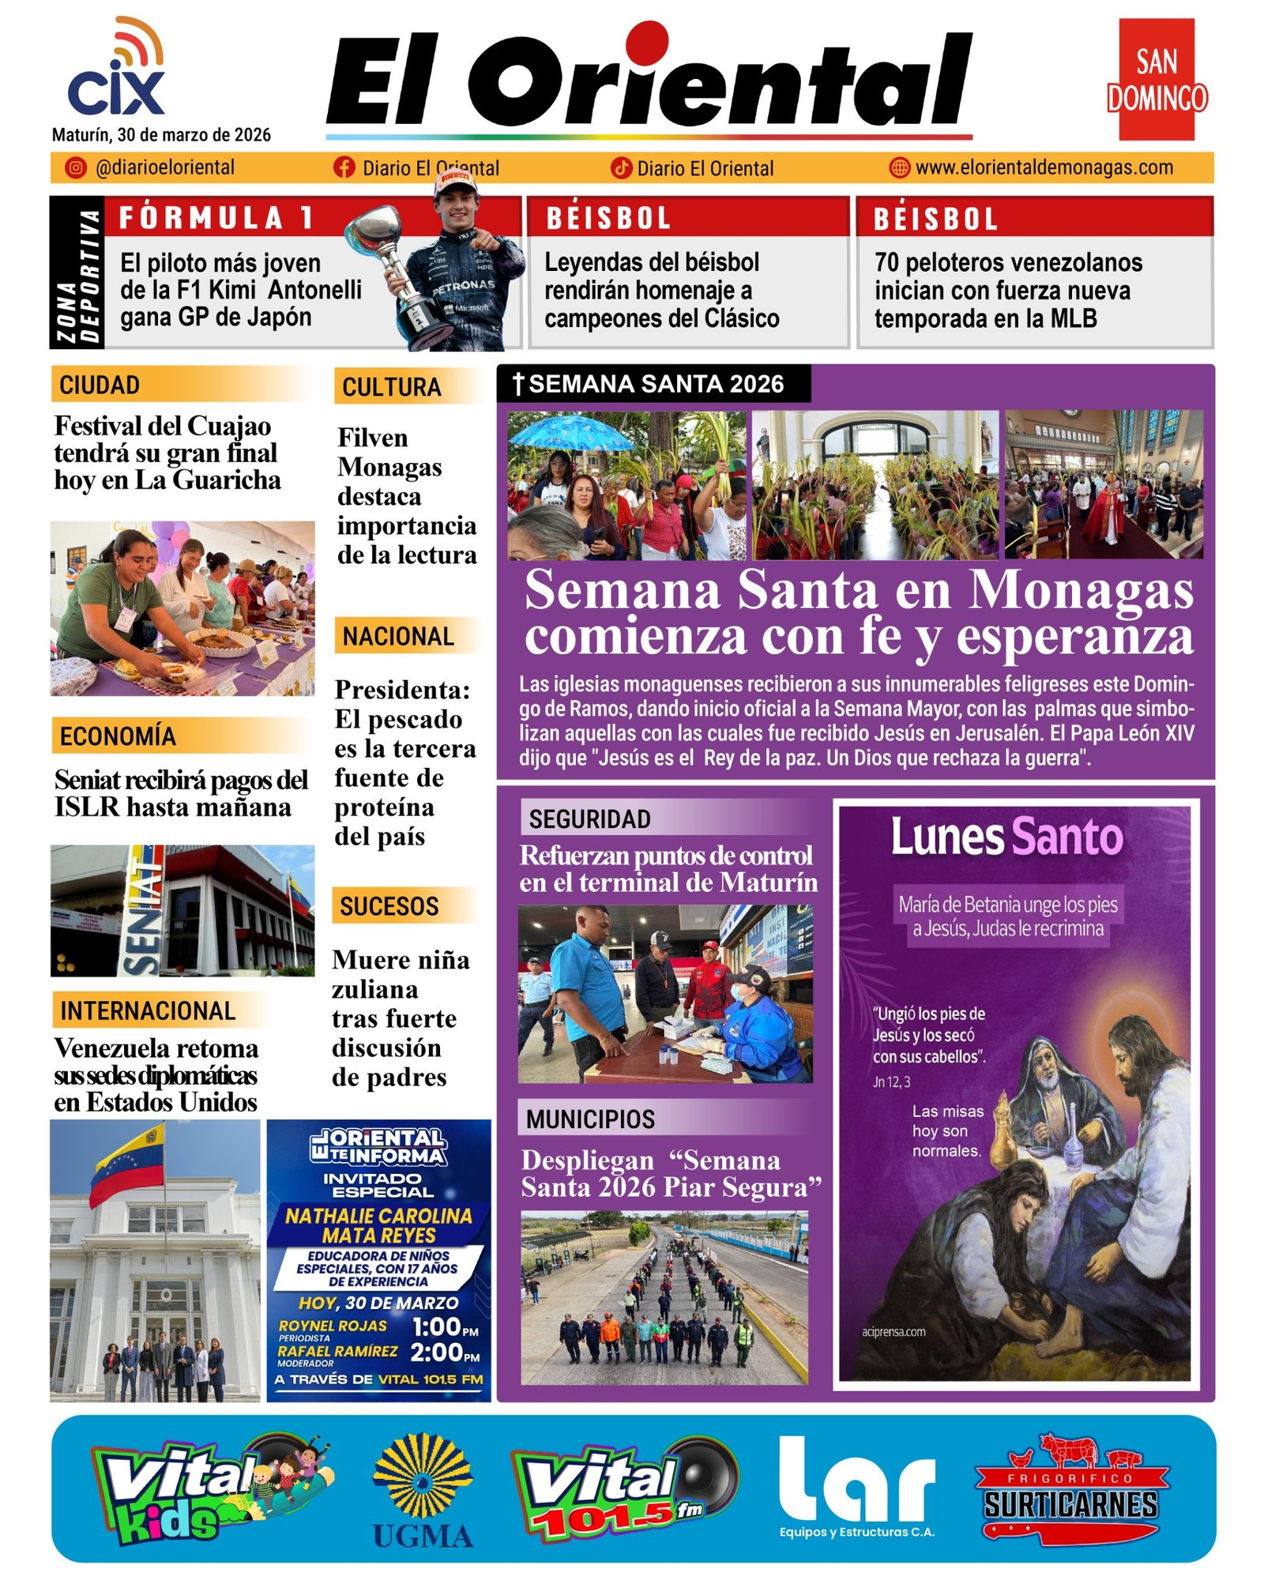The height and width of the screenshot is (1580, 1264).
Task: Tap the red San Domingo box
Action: pos(1156,80)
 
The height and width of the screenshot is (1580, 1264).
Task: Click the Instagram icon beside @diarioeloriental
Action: pos(75,167)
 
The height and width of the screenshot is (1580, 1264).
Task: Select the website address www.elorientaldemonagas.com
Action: pos(1044,167)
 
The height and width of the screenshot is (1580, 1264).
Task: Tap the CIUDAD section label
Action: pos(100,385)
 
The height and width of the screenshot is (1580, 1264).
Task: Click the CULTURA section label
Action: pos(391,387)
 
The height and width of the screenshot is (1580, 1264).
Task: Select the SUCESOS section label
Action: pos(389,905)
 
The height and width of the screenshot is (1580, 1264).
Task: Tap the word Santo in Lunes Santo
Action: pos(1066,837)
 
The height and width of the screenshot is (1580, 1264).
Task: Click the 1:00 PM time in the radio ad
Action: pos(446,1326)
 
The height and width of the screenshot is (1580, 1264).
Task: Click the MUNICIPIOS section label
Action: pos(591,1119)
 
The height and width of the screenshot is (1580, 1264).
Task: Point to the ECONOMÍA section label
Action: pos(118,735)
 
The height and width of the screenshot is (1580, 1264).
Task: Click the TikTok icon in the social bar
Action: pos(622,167)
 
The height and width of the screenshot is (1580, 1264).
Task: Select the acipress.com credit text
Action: pos(893,1332)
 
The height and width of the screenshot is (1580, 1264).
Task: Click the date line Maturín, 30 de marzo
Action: pos(161,134)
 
